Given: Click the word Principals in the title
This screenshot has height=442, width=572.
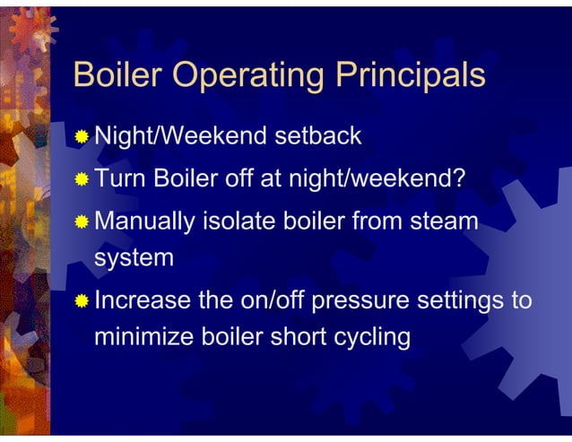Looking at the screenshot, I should [410, 76].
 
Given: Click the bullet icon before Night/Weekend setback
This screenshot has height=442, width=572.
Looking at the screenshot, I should [82, 137].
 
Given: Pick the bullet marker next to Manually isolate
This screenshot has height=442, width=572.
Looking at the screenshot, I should [82, 220].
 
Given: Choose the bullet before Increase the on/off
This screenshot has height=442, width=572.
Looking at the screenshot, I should [82, 299].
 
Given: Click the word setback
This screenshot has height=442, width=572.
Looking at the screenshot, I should [318, 136].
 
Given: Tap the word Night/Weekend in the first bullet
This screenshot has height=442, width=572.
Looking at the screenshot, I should [180, 136].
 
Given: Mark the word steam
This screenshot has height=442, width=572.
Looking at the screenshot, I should [442, 221].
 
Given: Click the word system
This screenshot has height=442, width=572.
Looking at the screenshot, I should [134, 259].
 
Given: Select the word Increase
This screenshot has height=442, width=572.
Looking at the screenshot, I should [144, 299].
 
